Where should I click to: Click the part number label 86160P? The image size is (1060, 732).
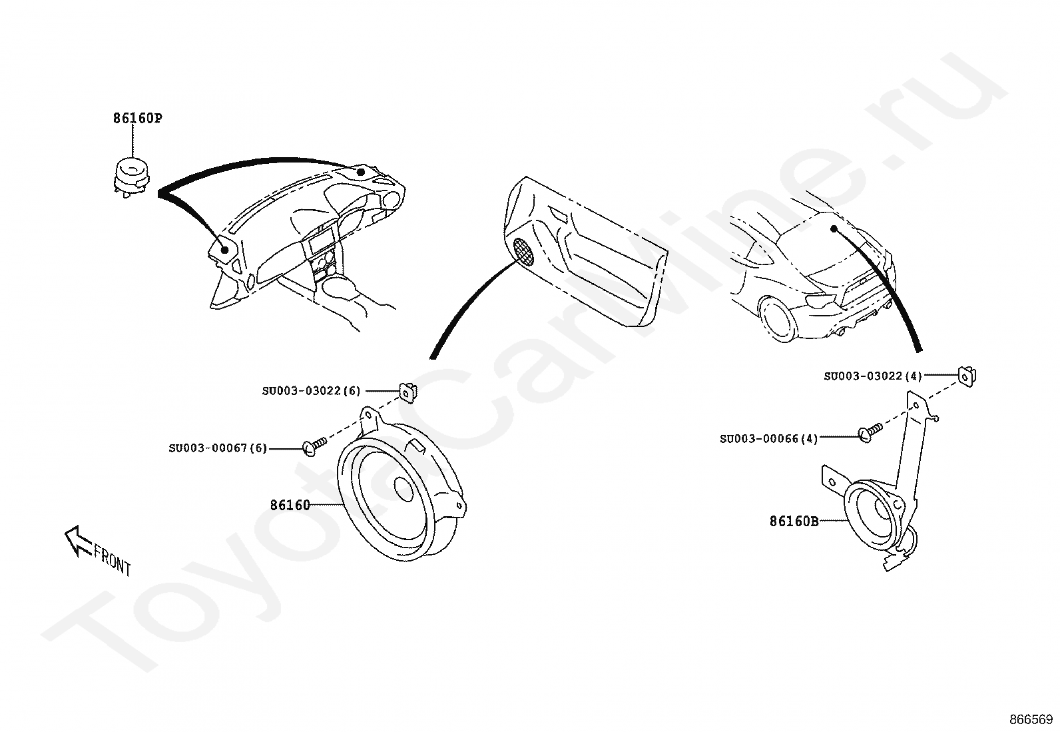pyautogui.click(x=137, y=119)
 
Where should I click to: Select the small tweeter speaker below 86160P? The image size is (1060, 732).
pyautogui.click(x=132, y=175)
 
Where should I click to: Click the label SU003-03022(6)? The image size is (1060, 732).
pyautogui.click(x=310, y=391)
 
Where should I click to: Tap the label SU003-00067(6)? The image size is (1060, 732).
pyautogui.click(x=217, y=448)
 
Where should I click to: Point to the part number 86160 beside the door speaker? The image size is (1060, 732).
pyautogui.click(x=290, y=505)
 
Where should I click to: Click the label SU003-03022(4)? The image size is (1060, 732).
pyautogui.click(x=872, y=376)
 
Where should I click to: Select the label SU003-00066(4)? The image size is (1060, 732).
pyautogui.click(x=768, y=439)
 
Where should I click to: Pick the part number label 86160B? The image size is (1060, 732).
pyautogui.click(x=794, y=522)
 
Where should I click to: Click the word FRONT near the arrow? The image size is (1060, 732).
pyautogui.click(x=113, y=559)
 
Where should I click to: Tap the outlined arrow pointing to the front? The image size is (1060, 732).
pyautogui.click(x=77, y=540)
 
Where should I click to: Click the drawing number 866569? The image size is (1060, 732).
pyautogui.click(x=1031, y=719)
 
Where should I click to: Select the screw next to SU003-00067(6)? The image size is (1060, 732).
pyautogui.click(x=314, y=444)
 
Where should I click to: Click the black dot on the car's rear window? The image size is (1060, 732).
pyautogui.click(x=833, y=229)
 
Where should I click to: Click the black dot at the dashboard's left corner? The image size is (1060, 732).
pyautogui.click(x=225, y=250)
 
